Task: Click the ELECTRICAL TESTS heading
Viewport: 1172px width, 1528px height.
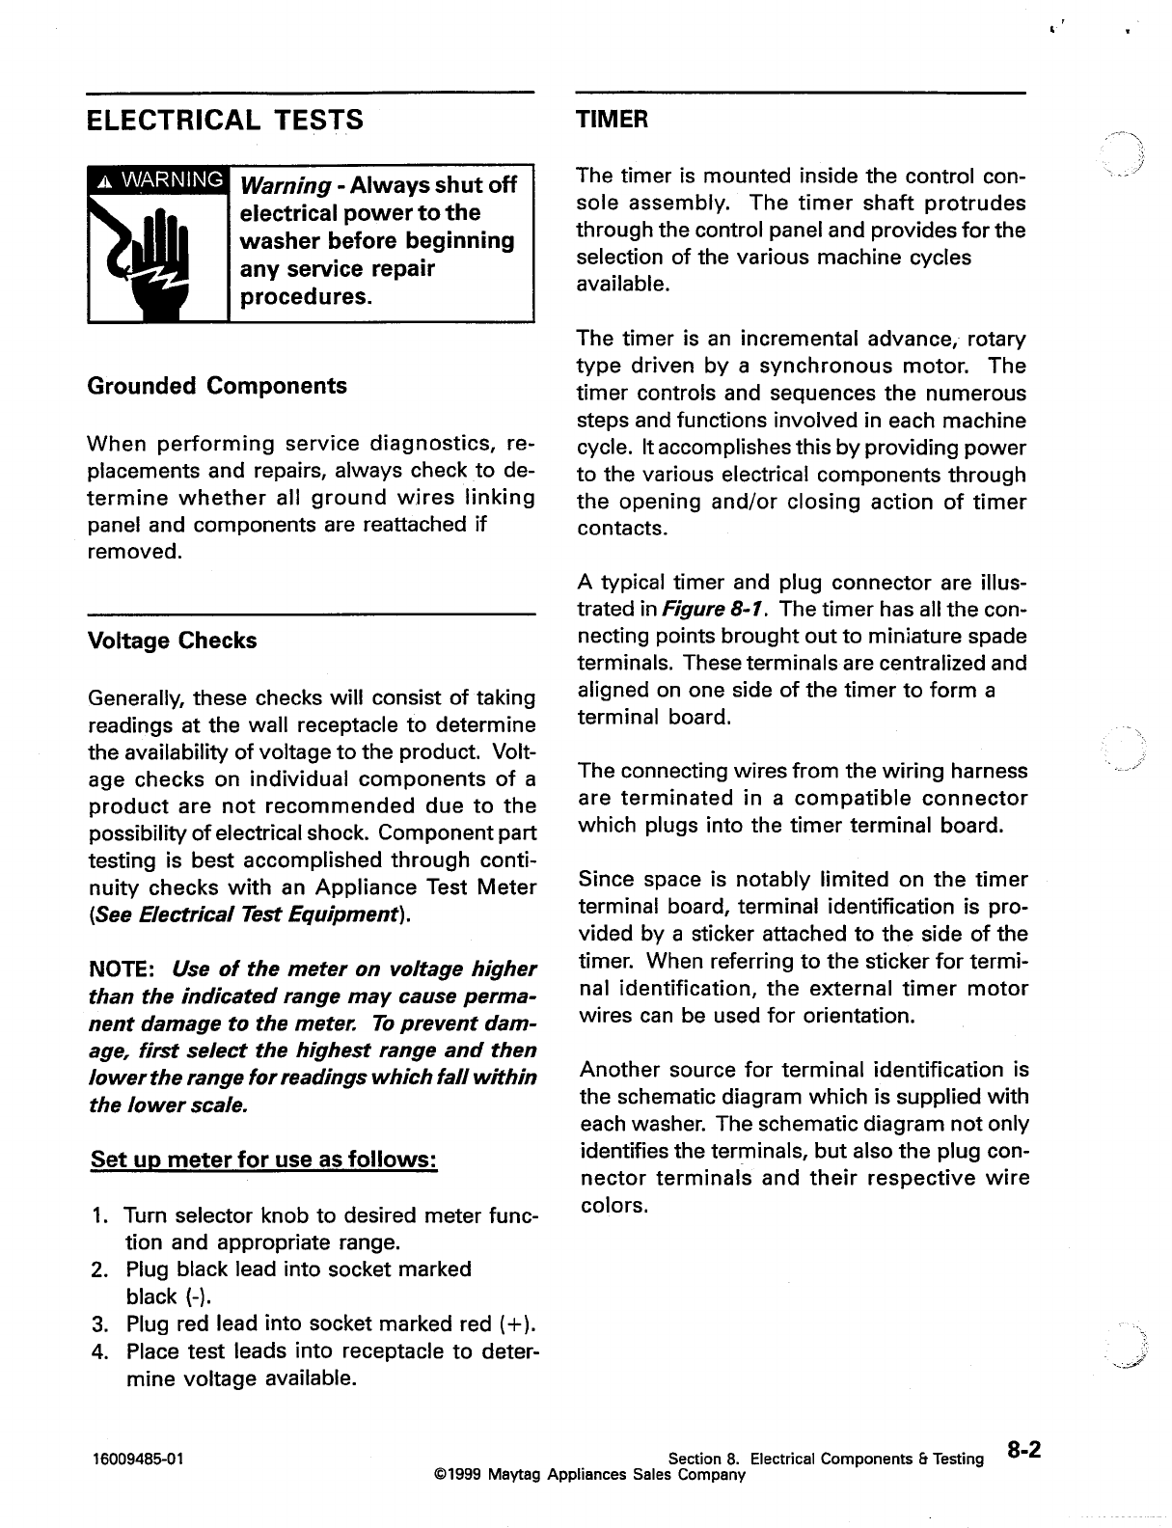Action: pos(225,120)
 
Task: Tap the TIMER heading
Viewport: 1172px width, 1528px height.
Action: pos(612,120)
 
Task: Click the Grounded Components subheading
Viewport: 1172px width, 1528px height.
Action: pos(217,386)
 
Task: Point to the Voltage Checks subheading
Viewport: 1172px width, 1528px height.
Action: pos(172,641)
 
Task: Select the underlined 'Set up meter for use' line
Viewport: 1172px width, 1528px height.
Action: pos(264,1158)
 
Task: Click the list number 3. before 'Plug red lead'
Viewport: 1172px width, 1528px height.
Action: pos(100,1323)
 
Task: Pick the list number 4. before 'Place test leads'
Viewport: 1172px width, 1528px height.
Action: pos(100,1351)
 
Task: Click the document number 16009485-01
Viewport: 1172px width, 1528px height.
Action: pos(134,1459)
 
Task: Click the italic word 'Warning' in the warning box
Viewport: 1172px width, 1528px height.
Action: pos(286,185)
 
